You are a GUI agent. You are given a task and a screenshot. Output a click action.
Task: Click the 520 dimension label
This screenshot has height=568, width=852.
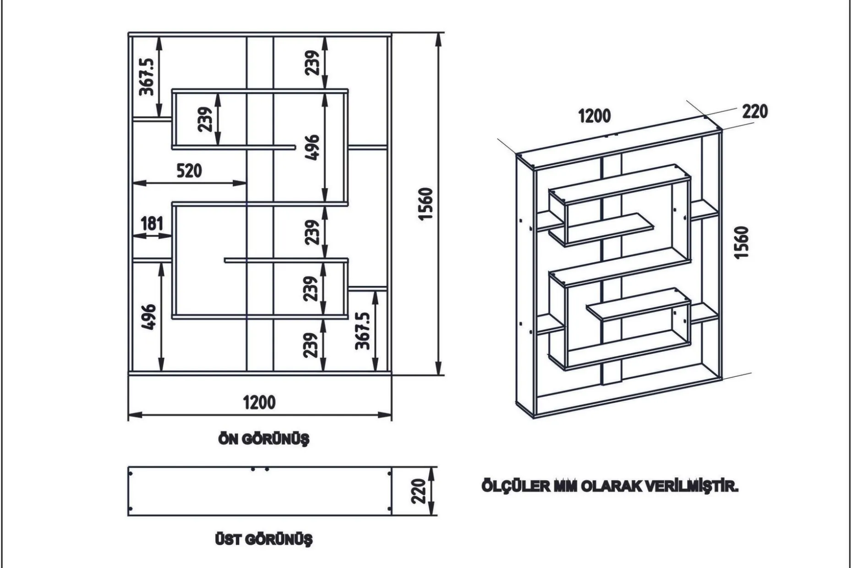(x=189, y=171)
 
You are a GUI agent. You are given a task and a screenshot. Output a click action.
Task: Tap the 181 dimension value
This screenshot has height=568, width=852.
(x=152, y=224)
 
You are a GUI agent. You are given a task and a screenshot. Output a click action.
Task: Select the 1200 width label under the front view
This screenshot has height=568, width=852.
(x=259, y=403)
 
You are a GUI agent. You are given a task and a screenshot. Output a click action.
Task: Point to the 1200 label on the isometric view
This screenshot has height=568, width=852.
(x=595, y=116)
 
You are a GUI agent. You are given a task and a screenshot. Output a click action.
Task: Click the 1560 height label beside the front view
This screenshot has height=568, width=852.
(x=426, y=204)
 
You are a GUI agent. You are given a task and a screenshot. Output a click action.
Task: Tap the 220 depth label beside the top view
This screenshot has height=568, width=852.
(x=418, y=491)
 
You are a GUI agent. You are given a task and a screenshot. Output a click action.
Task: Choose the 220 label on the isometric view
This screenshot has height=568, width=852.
(x=755, y=111)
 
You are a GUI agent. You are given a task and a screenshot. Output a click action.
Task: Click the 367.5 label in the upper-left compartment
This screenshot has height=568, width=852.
(x=147, y=76)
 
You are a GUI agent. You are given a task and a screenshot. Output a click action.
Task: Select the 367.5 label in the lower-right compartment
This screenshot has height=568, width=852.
(x=362, y=331)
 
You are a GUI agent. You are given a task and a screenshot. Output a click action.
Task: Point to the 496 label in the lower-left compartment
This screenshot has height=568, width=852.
(x=148, y=317)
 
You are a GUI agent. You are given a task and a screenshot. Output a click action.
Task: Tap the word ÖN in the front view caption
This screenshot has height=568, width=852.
(x=228, y=438)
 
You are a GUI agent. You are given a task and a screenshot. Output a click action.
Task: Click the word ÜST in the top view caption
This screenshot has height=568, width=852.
(x=228, y=539)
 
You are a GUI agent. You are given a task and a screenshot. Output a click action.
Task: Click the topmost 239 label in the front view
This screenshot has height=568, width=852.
(x=312, y=63)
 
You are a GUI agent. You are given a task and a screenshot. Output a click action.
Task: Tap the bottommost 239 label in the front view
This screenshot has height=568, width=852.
(x=311, y=345)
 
